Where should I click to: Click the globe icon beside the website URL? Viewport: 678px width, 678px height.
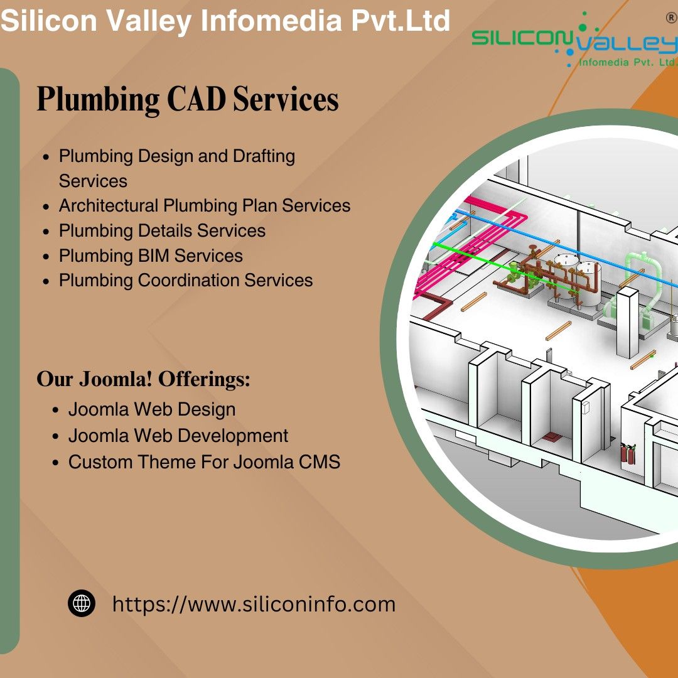click(82, 604)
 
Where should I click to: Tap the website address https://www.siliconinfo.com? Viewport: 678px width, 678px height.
click(254, 605)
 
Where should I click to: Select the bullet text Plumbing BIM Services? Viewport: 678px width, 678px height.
click(151, 256)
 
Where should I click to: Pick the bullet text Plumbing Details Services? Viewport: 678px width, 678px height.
click(162, 230)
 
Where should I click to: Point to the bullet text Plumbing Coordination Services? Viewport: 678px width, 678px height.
click(186, 280)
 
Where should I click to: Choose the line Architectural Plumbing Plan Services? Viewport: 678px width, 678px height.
click(205, 205)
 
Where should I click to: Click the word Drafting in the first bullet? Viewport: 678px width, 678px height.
click(264, 156)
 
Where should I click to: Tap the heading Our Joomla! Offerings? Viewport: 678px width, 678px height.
click(143, 380)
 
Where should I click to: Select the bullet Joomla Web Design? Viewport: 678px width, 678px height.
click(152, 409)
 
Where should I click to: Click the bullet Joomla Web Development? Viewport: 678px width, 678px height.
click(178, 436)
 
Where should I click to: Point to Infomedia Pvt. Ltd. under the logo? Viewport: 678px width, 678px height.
click(627, 62)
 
